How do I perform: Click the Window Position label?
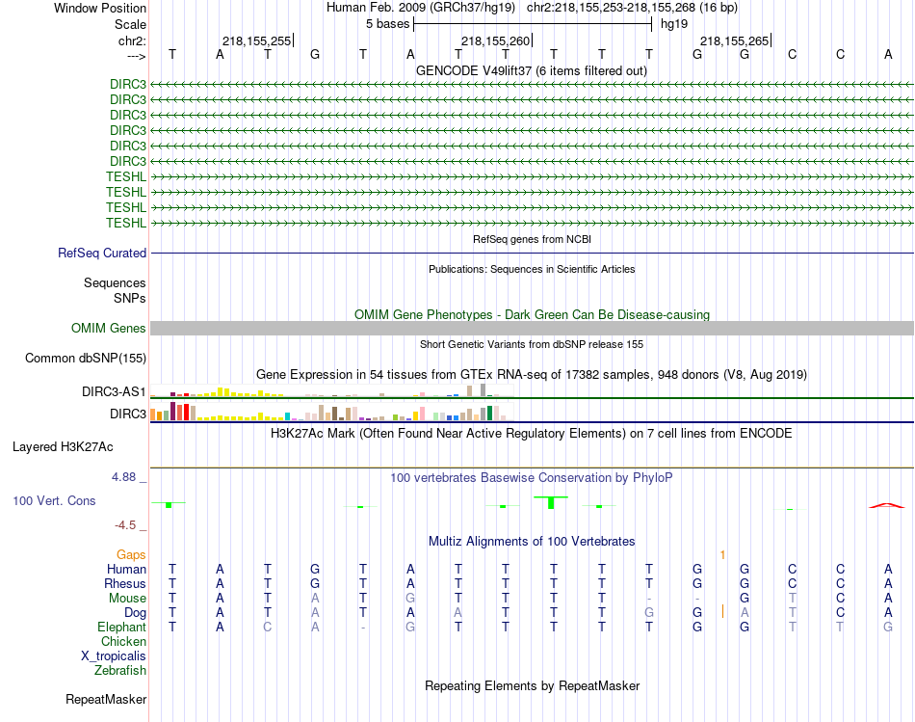[100, 8]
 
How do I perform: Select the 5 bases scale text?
[387, 24]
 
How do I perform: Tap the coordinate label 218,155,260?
[495, 40]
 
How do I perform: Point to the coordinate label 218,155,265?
[734, 40]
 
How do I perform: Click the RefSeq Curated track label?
[102, 254]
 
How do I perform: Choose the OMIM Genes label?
[109, 329]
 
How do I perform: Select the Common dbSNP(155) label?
[86, 359]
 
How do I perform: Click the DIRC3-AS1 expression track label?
[115, 392]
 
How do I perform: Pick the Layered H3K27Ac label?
[63, 447]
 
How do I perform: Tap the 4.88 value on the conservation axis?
[127, 476]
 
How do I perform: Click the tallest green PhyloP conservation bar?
[551, 502]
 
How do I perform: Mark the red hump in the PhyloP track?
[887, 504]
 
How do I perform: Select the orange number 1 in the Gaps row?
[721, 555]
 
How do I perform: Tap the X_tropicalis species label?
[114, 655]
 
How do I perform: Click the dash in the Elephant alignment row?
[363, 627]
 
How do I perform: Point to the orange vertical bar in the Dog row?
[722, 611]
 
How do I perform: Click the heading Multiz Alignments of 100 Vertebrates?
[532, 541]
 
